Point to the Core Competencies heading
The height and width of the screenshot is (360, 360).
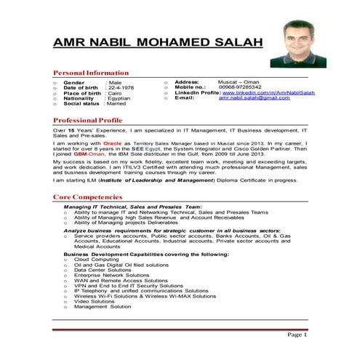[x=92, y=197]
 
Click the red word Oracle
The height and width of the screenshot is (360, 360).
[x=112, y=144]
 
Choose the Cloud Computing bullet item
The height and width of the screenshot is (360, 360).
[x=96, y=259]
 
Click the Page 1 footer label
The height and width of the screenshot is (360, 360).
[x=297, y=335]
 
